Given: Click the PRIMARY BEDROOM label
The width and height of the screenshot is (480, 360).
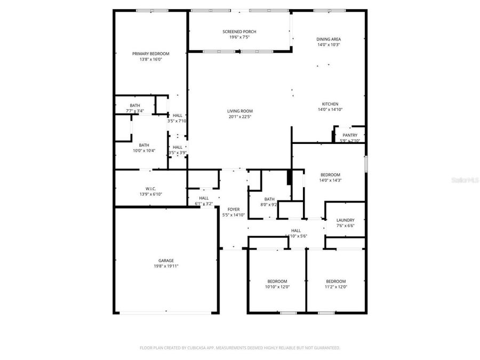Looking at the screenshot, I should tap(150, 54).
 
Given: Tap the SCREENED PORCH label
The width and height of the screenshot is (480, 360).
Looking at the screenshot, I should tap(239, 32).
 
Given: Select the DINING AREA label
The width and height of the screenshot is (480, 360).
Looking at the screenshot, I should tap(328, 39).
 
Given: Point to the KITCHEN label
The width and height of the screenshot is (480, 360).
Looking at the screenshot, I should tap(330, 104).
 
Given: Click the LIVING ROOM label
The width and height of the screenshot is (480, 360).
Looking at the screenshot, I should tap(239, 111).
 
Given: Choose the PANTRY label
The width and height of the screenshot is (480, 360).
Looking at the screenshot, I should tap(350, 135).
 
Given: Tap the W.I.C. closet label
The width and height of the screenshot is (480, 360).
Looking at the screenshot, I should tap(150, 189).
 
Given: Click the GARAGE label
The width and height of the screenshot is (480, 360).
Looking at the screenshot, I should tap(165, 260).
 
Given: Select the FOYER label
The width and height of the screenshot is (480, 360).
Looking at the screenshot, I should tap(234, 210).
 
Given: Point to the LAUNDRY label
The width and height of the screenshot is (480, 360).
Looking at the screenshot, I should tap(345, 220).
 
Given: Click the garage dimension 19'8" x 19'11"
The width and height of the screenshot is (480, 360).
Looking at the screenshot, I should tap(165, 266).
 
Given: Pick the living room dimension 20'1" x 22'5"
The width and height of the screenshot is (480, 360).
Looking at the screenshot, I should tap(239, 116).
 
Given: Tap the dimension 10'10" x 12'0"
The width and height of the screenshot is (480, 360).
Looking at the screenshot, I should tap(277, 287).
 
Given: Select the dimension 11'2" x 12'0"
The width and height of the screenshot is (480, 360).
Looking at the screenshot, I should tap(336, 287).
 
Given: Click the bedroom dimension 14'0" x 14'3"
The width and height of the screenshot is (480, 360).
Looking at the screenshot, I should tap(330, 180).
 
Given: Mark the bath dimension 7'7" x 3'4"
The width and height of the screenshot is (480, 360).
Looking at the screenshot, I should tap(135, 110).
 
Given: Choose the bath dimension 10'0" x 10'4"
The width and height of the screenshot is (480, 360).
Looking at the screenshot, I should tap(144, 150).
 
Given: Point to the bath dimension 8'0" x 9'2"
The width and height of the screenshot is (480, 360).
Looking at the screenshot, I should tap(269, 204).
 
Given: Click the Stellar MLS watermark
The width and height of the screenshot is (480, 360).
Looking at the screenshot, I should tap(466, 181).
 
